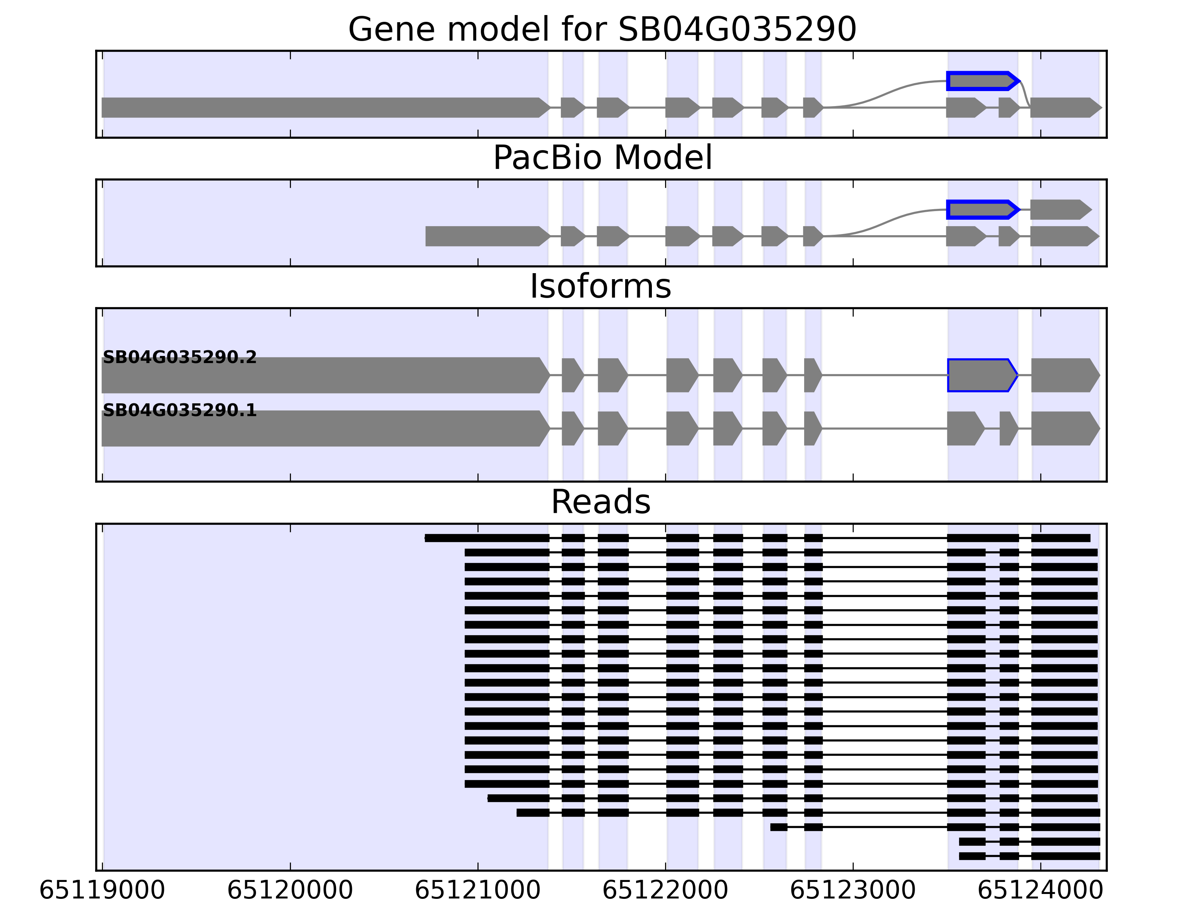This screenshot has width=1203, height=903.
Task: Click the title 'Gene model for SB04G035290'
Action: tap(601, 29)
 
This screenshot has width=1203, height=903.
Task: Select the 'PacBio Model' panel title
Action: tap(601, 158)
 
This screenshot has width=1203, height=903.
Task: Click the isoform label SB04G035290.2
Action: tap(179, 357)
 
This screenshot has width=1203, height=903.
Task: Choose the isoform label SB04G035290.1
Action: tap(179, 410)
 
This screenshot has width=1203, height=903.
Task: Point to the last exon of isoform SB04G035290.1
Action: tap(1064, 429)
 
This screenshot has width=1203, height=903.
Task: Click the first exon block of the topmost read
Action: tap(487, 538)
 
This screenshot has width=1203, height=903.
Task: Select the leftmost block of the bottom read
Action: tap(972, 856)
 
